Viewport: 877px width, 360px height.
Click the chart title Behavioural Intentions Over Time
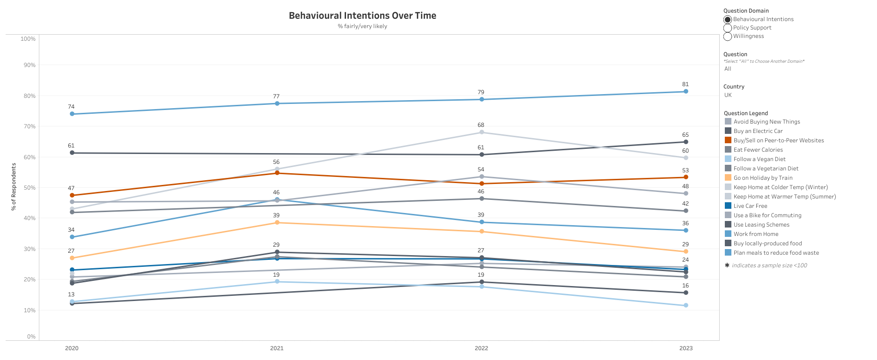coord(362,15)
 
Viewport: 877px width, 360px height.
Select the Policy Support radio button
coord(728,28)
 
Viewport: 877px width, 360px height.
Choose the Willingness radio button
coord(728,37)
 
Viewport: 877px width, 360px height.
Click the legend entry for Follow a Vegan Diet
coord(759,159)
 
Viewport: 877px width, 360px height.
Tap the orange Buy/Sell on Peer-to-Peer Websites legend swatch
coord(728,140)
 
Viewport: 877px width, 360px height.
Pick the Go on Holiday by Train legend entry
coord(763,178)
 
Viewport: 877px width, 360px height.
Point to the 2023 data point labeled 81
coord(686,91)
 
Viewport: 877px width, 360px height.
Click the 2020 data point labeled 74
coord(72,114)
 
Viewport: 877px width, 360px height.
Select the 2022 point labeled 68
coord(481,132)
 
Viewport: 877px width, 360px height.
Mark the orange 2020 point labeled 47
coord(72,195)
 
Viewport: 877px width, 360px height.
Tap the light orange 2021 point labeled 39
coord(277,222)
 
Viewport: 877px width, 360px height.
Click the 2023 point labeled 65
coord(686,142)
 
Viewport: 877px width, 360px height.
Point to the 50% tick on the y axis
coord(29,188)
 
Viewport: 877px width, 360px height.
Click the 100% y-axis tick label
coord(28,39)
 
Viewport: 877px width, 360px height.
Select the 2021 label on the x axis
coord(277,348)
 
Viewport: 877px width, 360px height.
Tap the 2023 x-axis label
coord(686,348)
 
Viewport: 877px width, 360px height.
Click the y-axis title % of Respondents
coord(14,187)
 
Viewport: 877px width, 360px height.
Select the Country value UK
coord(728,95)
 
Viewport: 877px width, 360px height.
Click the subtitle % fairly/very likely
coord(362,26)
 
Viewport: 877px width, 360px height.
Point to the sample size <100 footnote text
coord(769,265)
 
